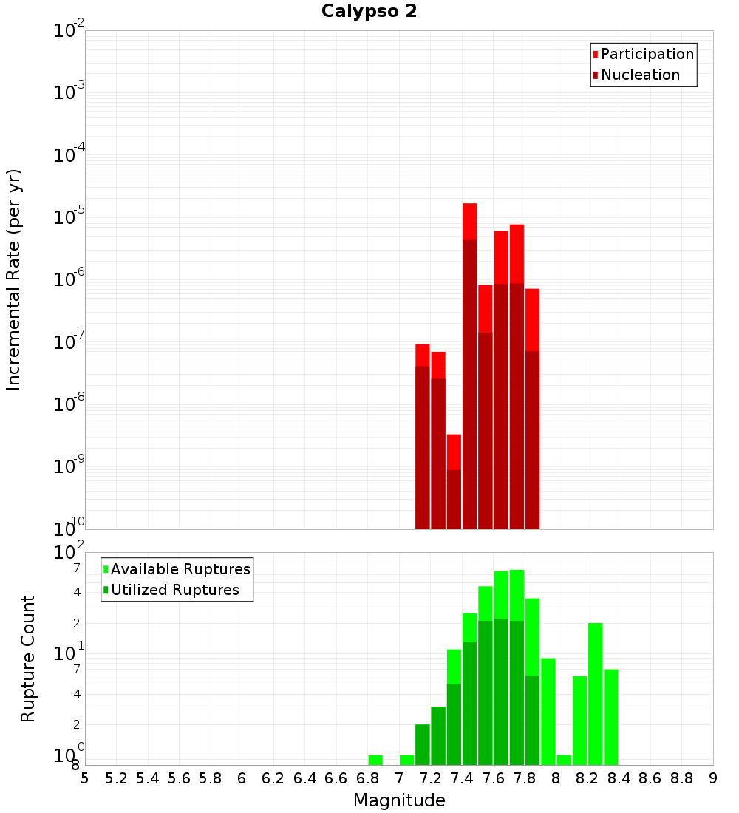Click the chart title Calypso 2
369,11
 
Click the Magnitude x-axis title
399,800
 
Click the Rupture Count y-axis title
28,659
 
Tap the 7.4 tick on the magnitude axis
462,778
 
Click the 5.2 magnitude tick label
117,778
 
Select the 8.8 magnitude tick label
681,778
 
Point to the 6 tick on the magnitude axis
242,778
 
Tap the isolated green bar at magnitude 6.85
375,760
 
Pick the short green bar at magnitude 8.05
564,760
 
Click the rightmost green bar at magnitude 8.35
610,717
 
